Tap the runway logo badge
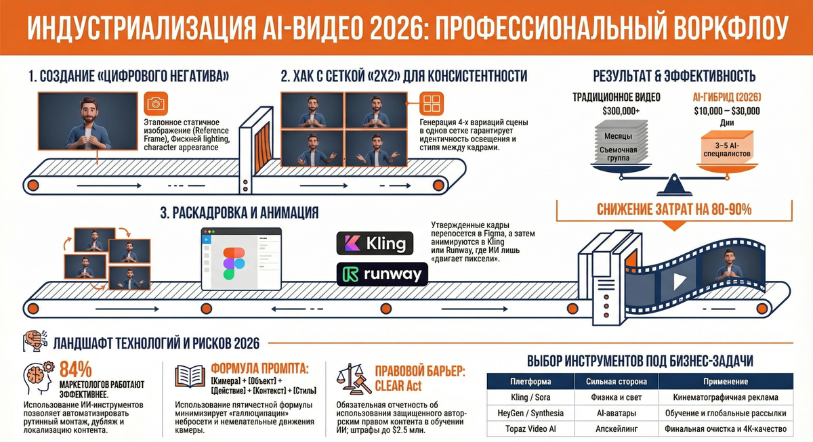[x=381, y=273]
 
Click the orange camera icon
[x=157, y=104]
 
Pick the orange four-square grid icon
[x=431, y=104]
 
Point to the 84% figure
[x=76, y=370]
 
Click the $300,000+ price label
[x=617, y=110]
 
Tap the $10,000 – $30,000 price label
[x=726, y=110]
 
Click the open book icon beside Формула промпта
[x=190, y=376]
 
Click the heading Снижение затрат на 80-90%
[x=674, y=210]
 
